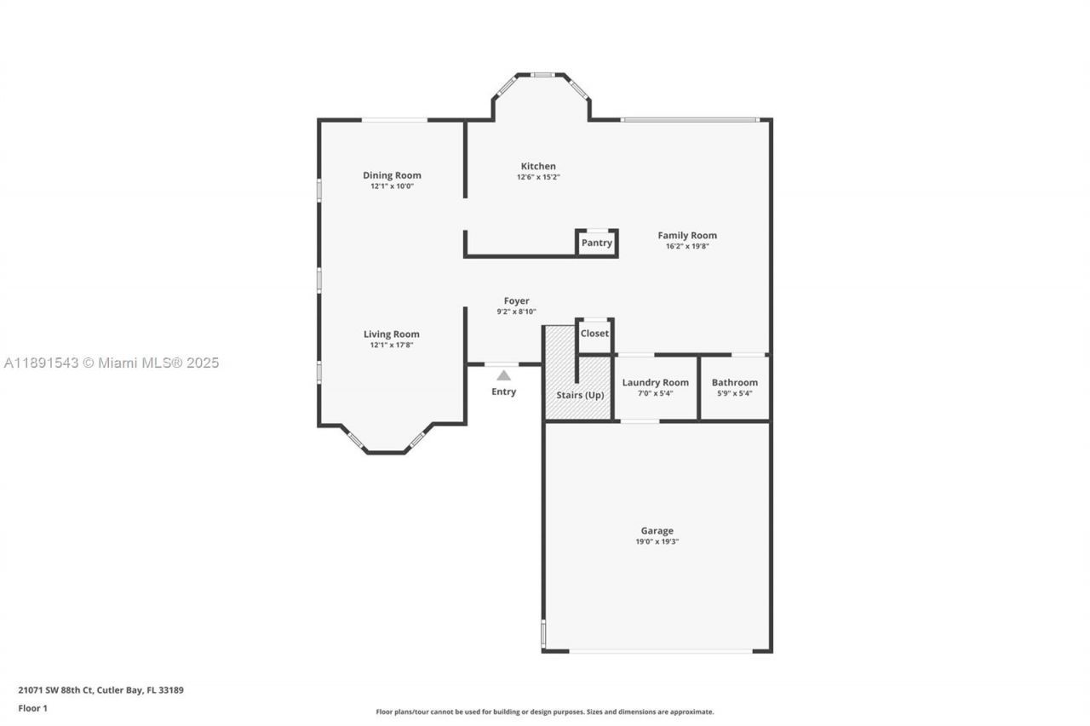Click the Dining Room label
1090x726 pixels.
392,175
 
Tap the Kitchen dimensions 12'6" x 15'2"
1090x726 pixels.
538,177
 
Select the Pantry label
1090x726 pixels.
596,243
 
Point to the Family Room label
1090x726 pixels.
687,235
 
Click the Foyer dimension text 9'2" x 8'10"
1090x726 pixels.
516,312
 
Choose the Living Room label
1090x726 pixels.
392,334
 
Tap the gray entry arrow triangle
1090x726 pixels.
504,375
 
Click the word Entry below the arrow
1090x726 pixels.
504,392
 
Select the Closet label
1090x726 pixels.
594,334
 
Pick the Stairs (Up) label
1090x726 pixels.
581,395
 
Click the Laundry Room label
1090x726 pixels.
655,382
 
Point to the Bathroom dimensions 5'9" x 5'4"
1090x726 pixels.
734,393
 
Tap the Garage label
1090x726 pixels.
657,530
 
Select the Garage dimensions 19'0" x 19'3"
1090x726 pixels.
657,541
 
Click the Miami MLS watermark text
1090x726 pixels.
111,363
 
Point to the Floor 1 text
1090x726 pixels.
33,708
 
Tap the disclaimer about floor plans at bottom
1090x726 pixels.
545,712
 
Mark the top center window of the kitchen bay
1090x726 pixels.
542,75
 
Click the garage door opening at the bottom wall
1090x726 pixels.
660,651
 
